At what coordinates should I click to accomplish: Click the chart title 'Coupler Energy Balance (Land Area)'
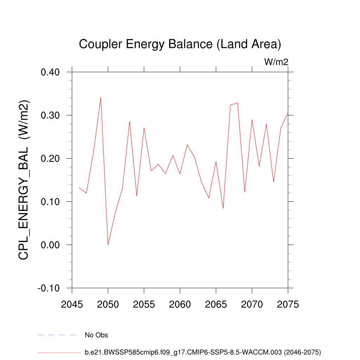(x=180, y=44)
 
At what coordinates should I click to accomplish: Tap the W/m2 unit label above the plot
(x=276, y=62)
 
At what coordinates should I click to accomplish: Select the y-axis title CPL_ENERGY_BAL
(x=24, y=180)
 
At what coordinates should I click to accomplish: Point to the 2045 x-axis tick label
(x=72, y=304)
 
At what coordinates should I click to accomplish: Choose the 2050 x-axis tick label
(x=108, y=304)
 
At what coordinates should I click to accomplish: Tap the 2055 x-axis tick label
(x=144, y=304)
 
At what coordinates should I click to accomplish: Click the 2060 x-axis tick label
(x=180, y=304)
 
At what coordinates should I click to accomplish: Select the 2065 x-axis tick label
(x=216, y=304)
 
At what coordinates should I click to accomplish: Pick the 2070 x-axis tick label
(x=252, y=304)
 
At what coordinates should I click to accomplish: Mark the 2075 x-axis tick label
(x=288, y=304)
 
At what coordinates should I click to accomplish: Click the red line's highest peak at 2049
(x=101, y=97)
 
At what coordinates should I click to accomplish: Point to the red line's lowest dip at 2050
(x=108, y=244)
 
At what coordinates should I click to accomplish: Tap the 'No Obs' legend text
(x=96, y=335)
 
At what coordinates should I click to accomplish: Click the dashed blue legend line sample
(x=57, y=335)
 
